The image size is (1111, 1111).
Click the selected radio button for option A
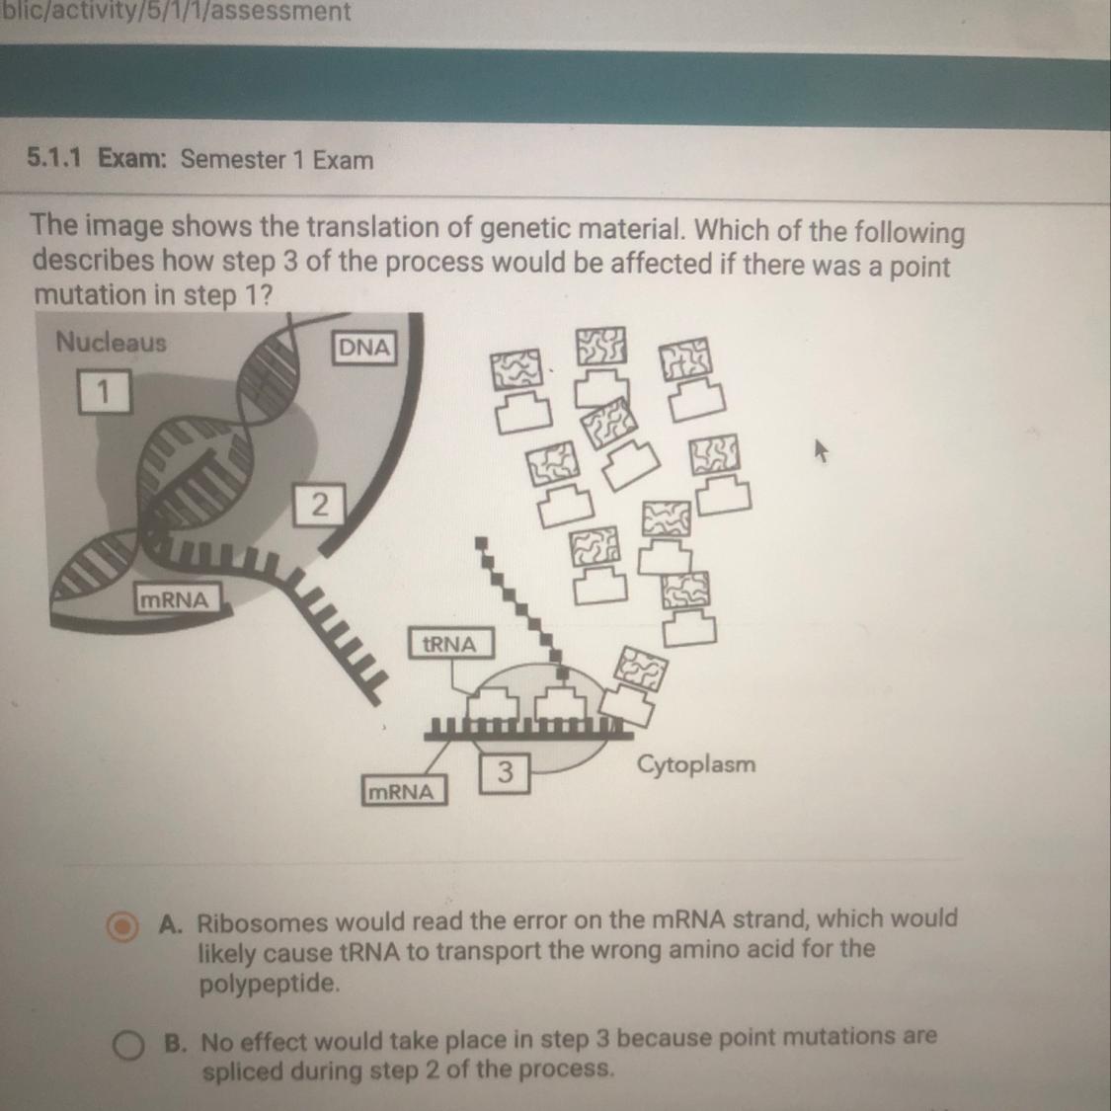point(121,926)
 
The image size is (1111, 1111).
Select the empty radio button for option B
point(128,1045)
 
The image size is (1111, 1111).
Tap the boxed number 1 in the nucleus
point(104,391)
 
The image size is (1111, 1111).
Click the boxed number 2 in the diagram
point(320,505)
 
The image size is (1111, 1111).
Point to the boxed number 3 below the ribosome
point(505,771)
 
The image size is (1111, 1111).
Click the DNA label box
point(363,348)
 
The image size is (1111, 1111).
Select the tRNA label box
point(450,643)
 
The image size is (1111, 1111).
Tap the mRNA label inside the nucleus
point(175,599)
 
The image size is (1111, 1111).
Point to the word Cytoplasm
point(696,765)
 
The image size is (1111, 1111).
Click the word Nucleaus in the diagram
point(112,342)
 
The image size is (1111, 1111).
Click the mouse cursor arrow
point(821,449)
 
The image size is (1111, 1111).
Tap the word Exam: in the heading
point(131,157)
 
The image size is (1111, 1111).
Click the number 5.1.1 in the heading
point(54,157)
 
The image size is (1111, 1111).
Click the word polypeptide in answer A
point(270,985)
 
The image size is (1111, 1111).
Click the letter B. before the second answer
point(175,1043)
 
